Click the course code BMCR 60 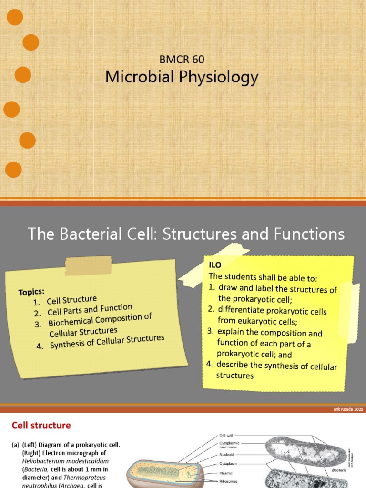[182, 60]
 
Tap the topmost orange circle [15, 18]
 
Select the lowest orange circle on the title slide [13, 170]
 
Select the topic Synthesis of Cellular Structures [107, 342]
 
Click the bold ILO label [215, 264]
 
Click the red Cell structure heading [41, 425]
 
